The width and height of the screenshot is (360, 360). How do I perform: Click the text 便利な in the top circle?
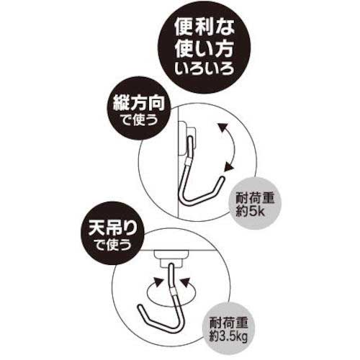pyautogui.click(x=204, y=27)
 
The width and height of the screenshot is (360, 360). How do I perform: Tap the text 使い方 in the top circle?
pyautogui.click(x=204, y=50)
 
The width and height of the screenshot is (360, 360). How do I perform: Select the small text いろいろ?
pyautogui.click(x=204, y=69)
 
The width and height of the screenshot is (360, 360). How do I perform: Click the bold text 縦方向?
pyautogui.click(x=139, y=104)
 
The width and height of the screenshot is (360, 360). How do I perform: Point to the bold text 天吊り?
pyautogui.click(x=113, y=229)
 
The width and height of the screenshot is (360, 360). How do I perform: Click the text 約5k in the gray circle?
pyautogui.click(x=250, y=211)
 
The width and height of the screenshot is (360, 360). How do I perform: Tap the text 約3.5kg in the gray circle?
pyautogui.click(x=228, y=336)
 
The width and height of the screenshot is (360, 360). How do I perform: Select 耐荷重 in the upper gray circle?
pyautogui.click(x=255, y=198)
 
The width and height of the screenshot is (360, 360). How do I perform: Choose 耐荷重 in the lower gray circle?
pyautogui.click(x=228, y=322)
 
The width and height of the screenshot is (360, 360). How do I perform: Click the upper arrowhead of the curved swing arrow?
pyautogui.click(x=222, y=127)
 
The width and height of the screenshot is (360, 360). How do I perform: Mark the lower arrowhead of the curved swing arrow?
pyautogui.click(x=229, y=166)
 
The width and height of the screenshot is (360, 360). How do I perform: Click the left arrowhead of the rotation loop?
pyautogui.click(x=158, y=282)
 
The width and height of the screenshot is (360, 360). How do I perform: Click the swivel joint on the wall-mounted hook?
pyautogui.click(x=189, y=161)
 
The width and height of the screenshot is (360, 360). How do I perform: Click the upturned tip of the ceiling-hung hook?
pyautogui.click(x=140, y=307)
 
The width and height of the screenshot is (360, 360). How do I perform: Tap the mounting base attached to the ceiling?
pyautogui.click(x=171, y=258)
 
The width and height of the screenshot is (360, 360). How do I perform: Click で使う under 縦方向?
pyautogui.click(x=139, y=120)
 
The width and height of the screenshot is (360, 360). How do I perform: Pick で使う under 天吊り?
pyautogui.click(x=113, y=245)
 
